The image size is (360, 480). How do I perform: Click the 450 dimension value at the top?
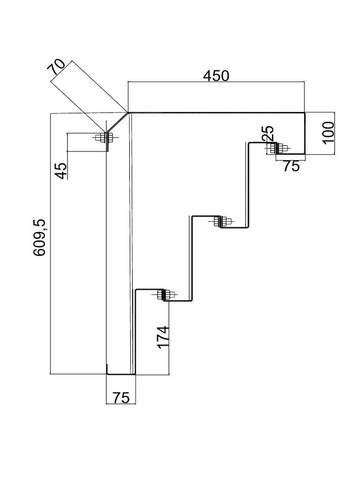[x=216, y=75]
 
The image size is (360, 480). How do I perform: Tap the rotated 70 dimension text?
[x=58, y=68]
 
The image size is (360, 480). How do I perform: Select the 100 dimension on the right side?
[x=329, y=132]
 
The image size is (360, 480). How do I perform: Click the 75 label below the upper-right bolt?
[x=291, y=166]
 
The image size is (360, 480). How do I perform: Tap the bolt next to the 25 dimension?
[x=278, y=148]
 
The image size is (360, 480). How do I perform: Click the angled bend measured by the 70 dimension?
[x=117, y=123]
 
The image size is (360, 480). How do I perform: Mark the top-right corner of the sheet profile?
[x=304, y=113]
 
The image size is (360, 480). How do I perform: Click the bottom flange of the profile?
[x=121, y=374]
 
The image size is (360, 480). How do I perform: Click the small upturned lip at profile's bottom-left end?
[x=107, y=369]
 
